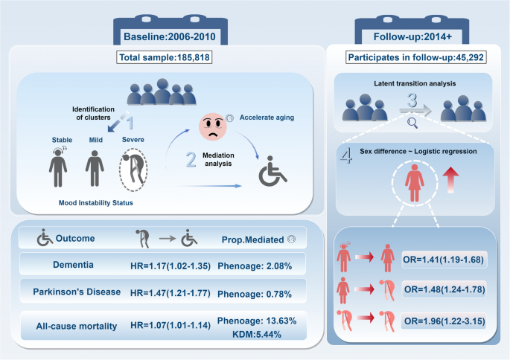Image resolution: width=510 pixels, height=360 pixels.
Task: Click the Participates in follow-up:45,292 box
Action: tap(418, 57)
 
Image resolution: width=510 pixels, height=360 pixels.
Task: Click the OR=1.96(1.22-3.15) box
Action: tap(443, 322)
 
